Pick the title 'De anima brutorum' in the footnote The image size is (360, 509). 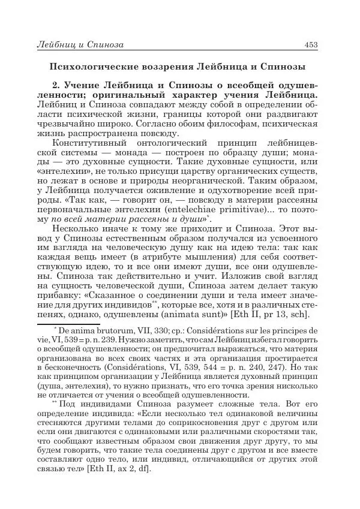87,330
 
